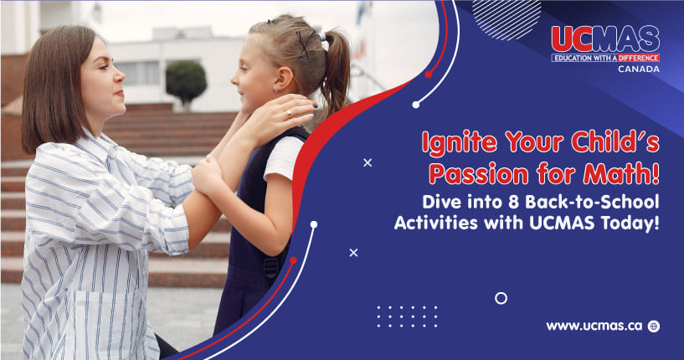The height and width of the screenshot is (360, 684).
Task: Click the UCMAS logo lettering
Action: click(605, 39)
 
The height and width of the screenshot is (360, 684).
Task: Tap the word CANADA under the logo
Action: click(639, 69)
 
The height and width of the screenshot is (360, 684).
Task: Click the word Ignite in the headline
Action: click(460, 142)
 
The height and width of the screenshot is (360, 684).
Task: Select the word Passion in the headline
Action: click(479, 173)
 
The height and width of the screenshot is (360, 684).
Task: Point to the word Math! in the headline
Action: click(621, 173)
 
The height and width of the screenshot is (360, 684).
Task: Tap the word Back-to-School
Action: click(592, 202)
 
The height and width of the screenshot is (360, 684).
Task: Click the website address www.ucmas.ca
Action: click(594, 326)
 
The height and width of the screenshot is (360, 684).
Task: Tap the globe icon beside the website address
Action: click(654, 326)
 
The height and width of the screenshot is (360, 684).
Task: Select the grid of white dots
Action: click(407, 316)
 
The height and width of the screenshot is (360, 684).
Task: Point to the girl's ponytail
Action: click(336, 69)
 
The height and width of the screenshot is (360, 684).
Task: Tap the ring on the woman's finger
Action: click(288, 114)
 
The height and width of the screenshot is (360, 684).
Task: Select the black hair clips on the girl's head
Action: click(305, 44)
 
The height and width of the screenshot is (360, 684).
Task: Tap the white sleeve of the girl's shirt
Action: click(284, 158)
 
